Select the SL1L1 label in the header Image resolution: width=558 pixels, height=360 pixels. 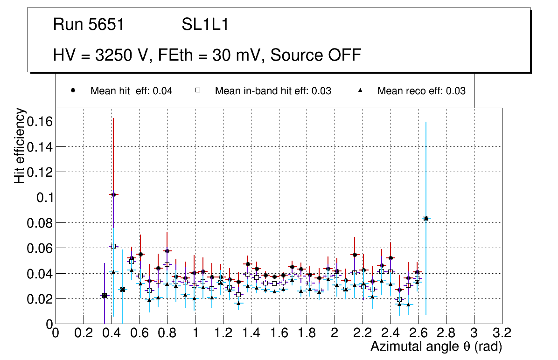pyautogui.click(x=205, y=25)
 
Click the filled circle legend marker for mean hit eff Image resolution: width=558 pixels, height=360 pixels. pyautogui.click(x=73, y=91)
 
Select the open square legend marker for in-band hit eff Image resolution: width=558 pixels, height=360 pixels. pyautogui.click(x=197, y=91)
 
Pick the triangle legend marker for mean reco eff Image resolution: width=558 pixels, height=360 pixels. pyautogui.click(x=360, y=91)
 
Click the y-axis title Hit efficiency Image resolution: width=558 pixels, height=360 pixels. pyautogui.click(x=20, y=146)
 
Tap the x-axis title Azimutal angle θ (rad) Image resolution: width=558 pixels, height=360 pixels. pyautogui.click(x=436, y=346)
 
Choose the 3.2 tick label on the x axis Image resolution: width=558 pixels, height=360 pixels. pyautogui.click(x=502, y=333)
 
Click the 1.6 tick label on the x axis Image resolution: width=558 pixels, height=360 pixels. pyautogui.click(x=279, y=333)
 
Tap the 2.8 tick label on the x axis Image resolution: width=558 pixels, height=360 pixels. pyautogui.click(x=446, y=333)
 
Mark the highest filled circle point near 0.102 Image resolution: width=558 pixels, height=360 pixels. pyautogui.click(x=113, y=194)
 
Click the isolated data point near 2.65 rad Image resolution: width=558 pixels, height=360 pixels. pyautogui.click(x=425, y=218)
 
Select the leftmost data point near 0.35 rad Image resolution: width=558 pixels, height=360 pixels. pyautogui.click(x=105, y=296)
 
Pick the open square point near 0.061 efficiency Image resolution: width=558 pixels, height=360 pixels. pyautogui.click(x=113, y=246)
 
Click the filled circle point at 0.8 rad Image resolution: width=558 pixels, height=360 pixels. pyautogui.click(x=167, y=251)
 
